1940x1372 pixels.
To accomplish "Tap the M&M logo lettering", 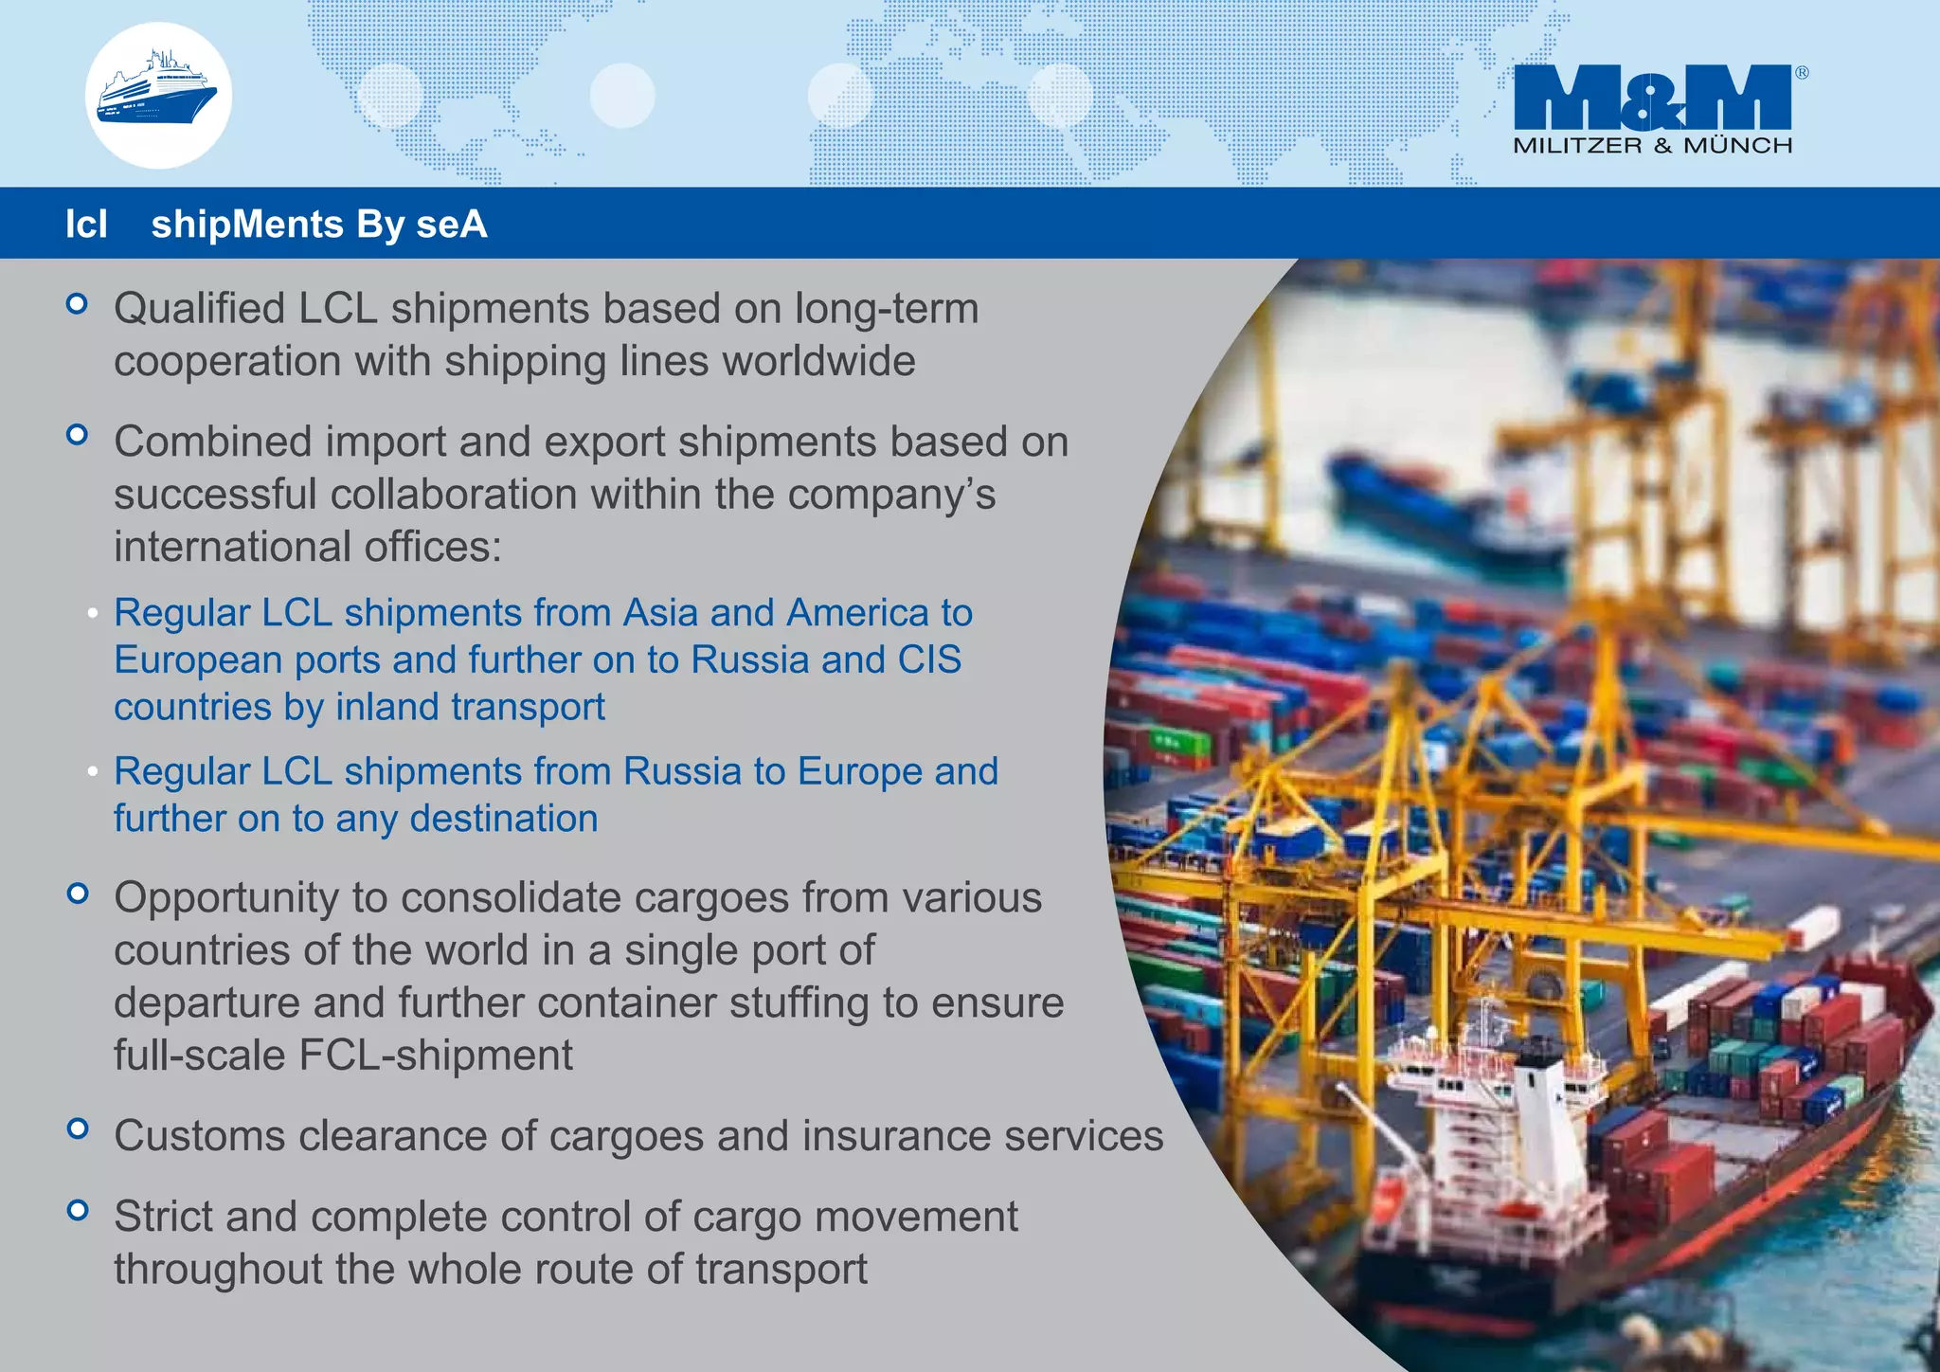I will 1652,97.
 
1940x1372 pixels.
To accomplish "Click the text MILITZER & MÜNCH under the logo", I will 1652,146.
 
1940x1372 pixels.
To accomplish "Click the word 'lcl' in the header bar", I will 86,225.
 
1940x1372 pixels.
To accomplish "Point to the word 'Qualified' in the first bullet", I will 199,309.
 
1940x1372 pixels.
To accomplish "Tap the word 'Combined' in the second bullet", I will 213,442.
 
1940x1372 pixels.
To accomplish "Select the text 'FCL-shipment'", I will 436,1056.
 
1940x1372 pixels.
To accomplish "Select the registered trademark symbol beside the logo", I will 1801,73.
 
